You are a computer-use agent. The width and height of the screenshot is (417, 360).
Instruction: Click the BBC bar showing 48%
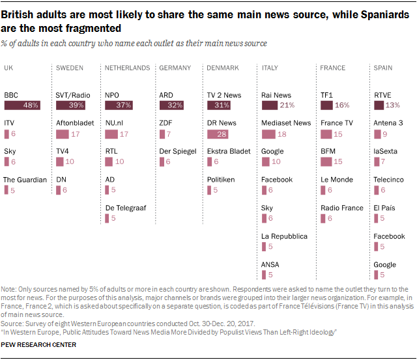coord(22,105)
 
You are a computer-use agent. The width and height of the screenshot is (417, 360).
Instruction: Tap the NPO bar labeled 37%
coord(119,105)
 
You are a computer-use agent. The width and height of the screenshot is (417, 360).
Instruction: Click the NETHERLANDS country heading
coord(128,68)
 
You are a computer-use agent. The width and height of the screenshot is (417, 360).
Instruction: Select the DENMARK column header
coord(223,68)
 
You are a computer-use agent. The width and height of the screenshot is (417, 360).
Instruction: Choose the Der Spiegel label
coord(178,152)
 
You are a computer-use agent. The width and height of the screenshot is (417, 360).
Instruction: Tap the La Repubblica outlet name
coord(284,236)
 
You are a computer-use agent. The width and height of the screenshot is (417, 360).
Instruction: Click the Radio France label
coord(342,208)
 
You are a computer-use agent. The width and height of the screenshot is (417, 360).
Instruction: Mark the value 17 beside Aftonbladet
coord(76,134)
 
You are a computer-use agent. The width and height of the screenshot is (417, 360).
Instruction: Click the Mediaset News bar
coord(268,133)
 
